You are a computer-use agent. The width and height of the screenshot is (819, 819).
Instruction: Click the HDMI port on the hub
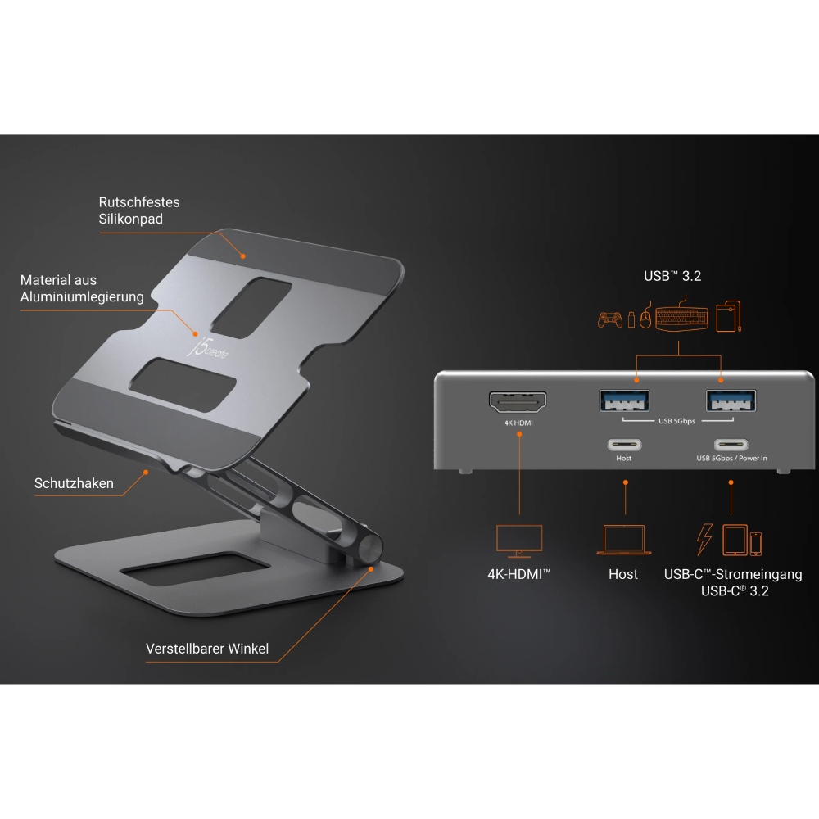pyautogui.click(x=518, y=402)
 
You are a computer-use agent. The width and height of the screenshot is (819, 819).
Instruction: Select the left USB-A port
pyautogui.click(x=625, y=400)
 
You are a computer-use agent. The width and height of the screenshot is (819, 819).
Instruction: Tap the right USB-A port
pyautogui.click(x=731, y=400)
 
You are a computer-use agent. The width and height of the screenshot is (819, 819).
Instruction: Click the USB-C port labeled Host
pyautogui.click(x=624, y=445)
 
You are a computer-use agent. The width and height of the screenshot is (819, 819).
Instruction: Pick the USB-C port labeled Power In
pyautogui.click(x=731, y=445)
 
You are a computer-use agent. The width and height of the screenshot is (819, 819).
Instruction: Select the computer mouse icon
pyautogui.click(x=645, y=319)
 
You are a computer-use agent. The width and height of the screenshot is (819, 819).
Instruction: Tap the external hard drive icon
pyautogui.click(x=729, y=316)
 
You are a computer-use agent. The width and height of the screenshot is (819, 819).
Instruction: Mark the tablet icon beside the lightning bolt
pyautogui.click(x=734, y=541)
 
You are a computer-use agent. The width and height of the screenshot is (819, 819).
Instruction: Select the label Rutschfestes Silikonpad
pyautogui.click(x=139, y=210)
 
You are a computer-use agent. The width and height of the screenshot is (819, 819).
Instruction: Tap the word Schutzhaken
pyautogui.click(x=74, y=483)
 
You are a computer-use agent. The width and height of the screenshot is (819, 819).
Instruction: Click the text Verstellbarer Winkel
pyautogui.click(x=207, y=649)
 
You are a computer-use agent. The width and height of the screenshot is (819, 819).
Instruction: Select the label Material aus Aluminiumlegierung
pyautogui.click(x=82, y=288)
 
